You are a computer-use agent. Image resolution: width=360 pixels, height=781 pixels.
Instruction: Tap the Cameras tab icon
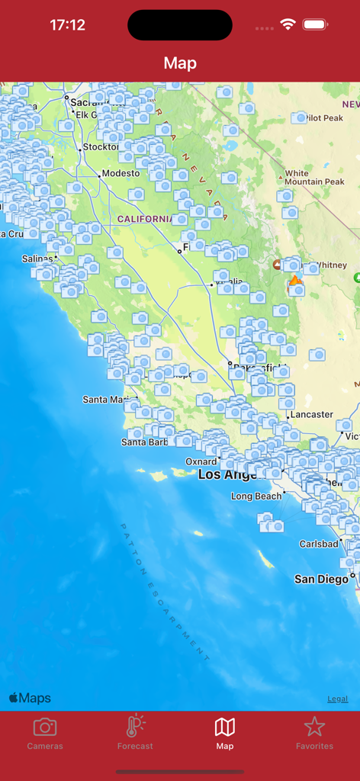pyautogui.click(x=45, y=728)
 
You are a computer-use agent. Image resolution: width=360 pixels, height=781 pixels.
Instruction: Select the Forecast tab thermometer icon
pyautogui.click(x=135, y=728)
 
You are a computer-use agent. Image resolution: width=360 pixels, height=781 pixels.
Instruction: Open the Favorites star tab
pyautogui.click(x=314, y=728)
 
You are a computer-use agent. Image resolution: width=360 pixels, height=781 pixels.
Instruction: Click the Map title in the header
pyautogui.click(x=180, y=63)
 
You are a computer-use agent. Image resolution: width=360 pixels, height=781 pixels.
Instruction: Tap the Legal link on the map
pyautogui.click(x=338, y=699)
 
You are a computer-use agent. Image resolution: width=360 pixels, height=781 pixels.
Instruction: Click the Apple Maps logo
pyautogui.click(x=30, y=698)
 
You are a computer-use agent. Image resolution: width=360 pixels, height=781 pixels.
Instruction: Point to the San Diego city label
pyautogui.click(x=321, y=580)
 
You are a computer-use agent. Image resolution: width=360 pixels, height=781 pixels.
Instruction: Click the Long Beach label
pyautogui.click(x=256, y=496)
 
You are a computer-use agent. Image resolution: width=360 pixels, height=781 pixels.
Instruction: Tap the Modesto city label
pyautogui.click(x=121, y=173)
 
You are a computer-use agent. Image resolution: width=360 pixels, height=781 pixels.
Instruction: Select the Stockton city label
pyautogui.click(x=101, y=146)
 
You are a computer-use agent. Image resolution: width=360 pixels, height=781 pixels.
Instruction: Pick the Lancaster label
pyautogui.click(x=311, y=414)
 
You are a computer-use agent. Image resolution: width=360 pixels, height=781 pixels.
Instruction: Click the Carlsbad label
pyautogui.click(x=319, y=544)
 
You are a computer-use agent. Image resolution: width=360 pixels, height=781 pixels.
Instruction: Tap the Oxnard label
pyautogui.click(x=201, y=461)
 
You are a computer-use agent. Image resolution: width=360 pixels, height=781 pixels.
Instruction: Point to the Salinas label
pyautogui.click(x=37, y=259)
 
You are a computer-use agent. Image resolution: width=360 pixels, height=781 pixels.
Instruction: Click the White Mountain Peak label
pyautogui.click(x=313, y=178)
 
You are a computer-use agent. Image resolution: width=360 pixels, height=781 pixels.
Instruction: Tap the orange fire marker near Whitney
pyautogui.click(x=295, y=281)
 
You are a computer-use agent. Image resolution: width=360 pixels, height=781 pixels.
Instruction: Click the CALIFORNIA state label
pyautogui.click(x=145, y=219)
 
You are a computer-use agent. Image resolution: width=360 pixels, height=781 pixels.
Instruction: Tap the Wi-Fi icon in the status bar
pyautogui.click(x=288, y=24)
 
